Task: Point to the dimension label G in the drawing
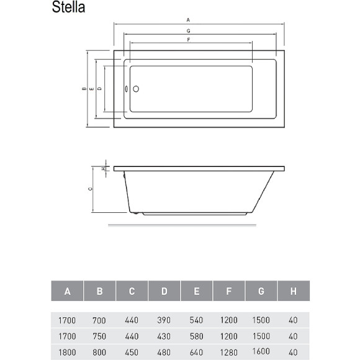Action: point(187,31)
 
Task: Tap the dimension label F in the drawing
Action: point(187,39)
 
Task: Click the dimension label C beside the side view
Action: point(90,189)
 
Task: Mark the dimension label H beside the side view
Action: point(102,168)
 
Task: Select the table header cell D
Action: point(164,291)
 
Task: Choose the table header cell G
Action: point(261,291)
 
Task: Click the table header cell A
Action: point(67,291)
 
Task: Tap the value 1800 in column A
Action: point(67,352)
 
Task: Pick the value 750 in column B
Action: point(99,336)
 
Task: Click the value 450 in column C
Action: point(132,352)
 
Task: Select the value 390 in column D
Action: point(164,321)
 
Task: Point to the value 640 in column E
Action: point(196,352)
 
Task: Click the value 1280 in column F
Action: point(228,352)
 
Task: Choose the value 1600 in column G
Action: point(261,351)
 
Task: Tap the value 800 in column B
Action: point(99,352)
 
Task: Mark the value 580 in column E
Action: point(196,336)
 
